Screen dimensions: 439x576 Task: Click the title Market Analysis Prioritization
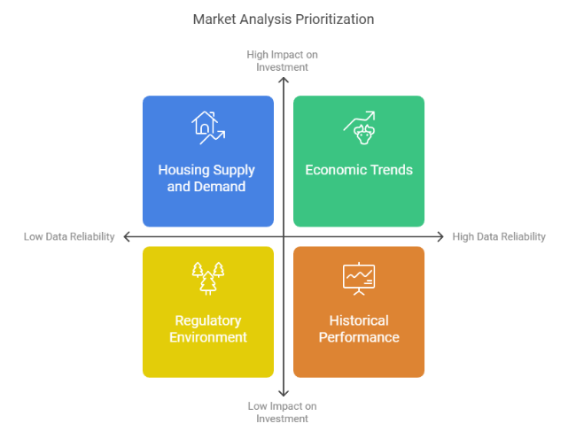pyautogui.click(x=283, y=19)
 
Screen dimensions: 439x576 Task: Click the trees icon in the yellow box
pyautogui.click(x=207, y=278)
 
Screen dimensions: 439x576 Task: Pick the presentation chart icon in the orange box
pyautogui.click(x=359, y=278)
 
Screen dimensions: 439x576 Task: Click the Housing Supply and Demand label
pyautogui.click(x=207, y=178)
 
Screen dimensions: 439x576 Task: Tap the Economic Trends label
pyautogui.click(x=359, y=170)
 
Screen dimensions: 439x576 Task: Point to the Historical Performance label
pyautogui.click(x=359, y=328)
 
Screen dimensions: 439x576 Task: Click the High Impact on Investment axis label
pyautogui.click(x=282, y=61)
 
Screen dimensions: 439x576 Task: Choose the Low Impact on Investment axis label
pyautogui.click(x=282, y=412)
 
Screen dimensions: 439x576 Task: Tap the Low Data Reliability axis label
pyautogui.click(x=69, y=237)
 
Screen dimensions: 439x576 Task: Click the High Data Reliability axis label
pyautogui.click(x=499, y=237)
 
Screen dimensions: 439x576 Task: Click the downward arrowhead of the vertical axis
pyautogui.click(x=283, y=392)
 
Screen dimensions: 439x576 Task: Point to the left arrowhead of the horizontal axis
pyautogui.click(x=127, y=237)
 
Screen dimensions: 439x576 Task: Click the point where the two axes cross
pyautogui.click(x=283, y=237)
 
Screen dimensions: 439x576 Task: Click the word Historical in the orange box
pyautogui.click(x=359, y=320)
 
